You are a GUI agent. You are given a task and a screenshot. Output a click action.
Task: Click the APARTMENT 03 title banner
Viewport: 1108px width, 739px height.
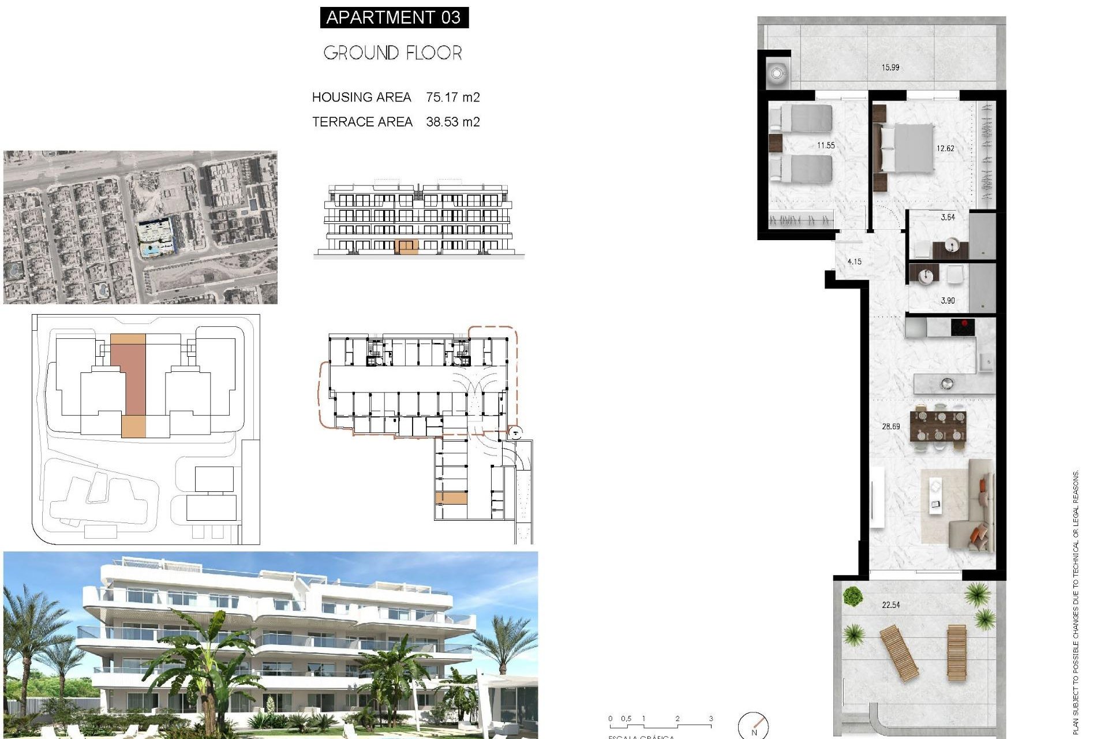[x=394, y=17]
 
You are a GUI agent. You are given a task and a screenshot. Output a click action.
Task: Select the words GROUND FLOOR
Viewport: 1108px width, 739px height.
[x=392, y=53]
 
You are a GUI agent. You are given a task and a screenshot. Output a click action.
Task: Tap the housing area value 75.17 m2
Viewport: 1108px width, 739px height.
[x=452, y=97]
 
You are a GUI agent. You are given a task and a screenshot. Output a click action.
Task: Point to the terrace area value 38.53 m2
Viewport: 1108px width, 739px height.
[x=452, y=122]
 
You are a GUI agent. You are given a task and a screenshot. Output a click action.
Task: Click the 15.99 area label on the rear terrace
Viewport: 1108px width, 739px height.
[x=890, y=68]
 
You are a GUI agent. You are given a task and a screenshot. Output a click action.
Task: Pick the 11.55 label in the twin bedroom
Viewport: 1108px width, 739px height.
[x=825, y=145]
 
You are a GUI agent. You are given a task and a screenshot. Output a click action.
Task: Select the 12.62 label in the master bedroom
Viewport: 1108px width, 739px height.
[x=945, y=148]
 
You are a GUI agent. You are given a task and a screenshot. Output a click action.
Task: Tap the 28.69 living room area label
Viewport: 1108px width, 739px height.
[x=890, y=427]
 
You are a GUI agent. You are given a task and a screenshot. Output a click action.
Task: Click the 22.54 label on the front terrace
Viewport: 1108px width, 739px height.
[x=890, y=605]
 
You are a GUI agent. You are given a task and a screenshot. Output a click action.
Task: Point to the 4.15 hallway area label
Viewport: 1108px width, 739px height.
[x=854, y=262]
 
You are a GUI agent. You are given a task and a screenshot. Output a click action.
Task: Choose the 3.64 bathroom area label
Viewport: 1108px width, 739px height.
[x=948, y=218]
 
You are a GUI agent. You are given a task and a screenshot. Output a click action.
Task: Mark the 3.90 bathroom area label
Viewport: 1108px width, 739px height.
[x=948, y=301]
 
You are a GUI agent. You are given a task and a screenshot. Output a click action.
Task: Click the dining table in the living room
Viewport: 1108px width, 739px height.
[x=938, y=426]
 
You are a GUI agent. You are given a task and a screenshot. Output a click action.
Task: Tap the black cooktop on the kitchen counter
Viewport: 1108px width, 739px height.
[x=963, y=327]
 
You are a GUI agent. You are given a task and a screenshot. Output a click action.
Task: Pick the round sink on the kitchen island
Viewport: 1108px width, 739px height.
[x=946, y=383]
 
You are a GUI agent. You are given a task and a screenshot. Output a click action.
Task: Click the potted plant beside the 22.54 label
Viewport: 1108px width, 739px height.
[x=852, y=595]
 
